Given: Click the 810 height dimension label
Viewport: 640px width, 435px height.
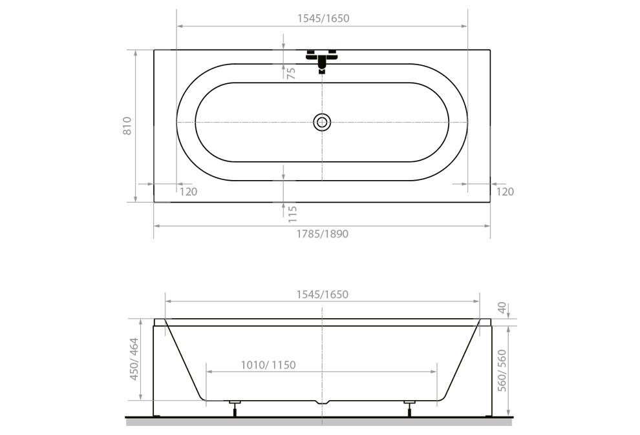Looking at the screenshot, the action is (x=127, y=126).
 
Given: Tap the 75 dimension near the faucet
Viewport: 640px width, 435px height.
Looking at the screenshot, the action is (x=292, y=74).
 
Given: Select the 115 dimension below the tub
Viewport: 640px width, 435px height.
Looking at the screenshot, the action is (x=292, y=214).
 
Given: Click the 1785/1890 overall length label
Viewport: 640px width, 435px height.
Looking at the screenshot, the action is (x=323, y=234).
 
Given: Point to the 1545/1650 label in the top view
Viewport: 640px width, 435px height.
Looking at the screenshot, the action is (x=323, y=18).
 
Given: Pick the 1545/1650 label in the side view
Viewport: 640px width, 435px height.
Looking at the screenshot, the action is (x=323, y=294).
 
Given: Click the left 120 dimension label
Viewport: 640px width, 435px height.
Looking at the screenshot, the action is (x=189, y=192).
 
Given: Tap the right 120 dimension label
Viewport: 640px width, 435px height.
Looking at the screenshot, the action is (x=505, y=192).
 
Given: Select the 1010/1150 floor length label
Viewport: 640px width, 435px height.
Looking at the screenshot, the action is (x=268, y=365).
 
